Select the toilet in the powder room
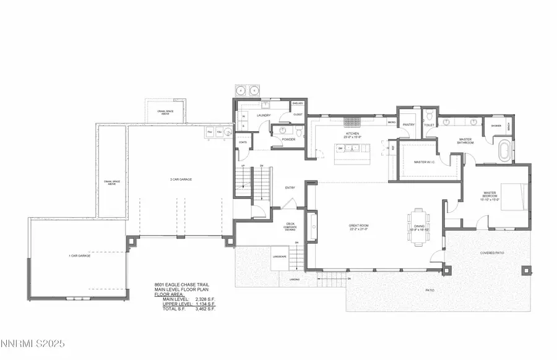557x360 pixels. pyautogui.click(x=298, y=132)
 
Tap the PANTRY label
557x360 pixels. pyautogui.click(x=408, y=124)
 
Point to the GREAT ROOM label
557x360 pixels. pyautogui.click(x=358, y=226)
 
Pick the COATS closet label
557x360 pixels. pyautogui.click(x=243, y=142)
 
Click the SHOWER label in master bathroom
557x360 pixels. pyautogui.click(x=496, y=125)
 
